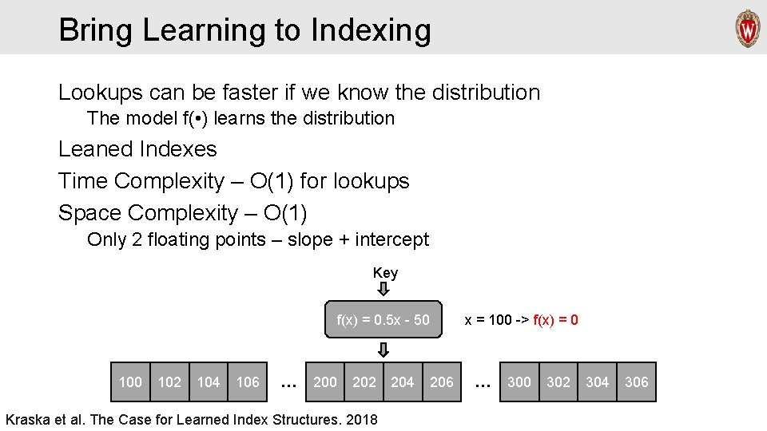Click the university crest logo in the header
747,29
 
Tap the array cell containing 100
129,382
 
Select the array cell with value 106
248,382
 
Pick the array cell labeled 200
325,382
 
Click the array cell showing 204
402,382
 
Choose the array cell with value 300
519,382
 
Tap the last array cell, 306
636,382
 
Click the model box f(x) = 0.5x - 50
383,320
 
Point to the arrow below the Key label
383,289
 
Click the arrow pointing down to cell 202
383,350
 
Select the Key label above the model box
385,273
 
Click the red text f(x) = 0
555,320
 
